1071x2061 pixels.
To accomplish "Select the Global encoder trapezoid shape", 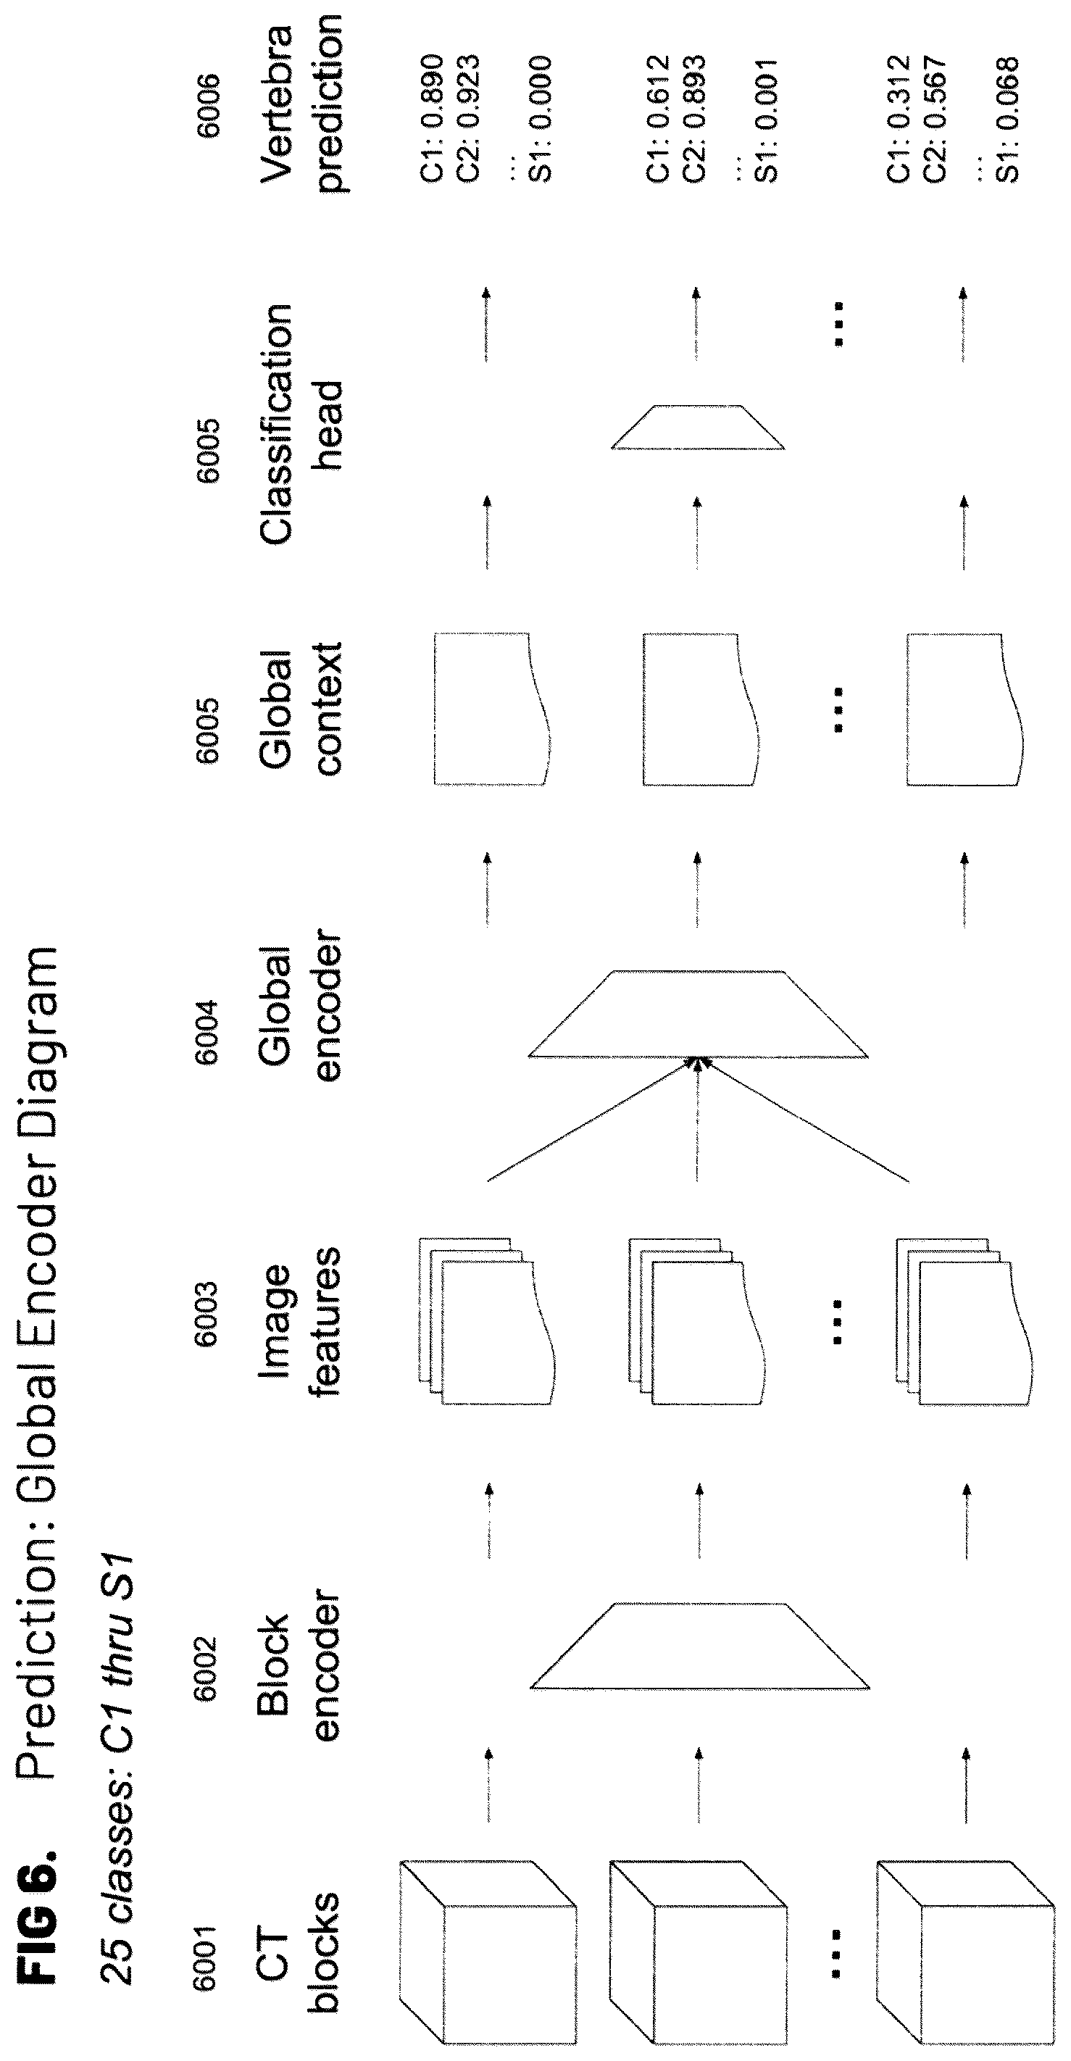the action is click(699, 1014).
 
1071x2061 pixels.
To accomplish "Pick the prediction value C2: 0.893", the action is click(693, 117).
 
